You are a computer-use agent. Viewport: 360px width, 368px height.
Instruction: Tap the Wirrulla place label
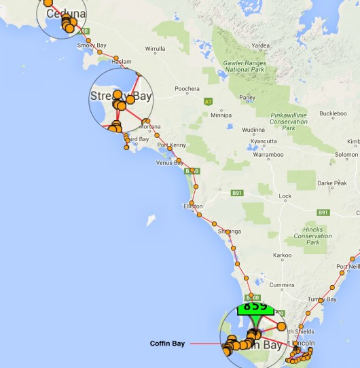pyautogui.click(x=155, y=49)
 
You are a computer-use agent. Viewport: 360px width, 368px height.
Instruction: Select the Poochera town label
pyautogui.click(x=187, y=89)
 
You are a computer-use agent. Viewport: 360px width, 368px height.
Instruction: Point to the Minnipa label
pyautogui.click(x=221, y=115)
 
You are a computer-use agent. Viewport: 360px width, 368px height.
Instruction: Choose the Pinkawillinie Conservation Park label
pyautogui.click(x=289, y=121)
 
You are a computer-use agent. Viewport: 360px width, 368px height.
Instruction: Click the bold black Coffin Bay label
pyautogui.click(x=167, y=344)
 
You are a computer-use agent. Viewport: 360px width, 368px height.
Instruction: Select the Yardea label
pyautogui.click(x=261, y=45)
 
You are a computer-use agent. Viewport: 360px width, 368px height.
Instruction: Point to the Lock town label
pyautogui.click(x=285, y=196)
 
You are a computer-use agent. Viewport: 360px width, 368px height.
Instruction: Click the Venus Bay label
pyautogui.click(x=169, y=163)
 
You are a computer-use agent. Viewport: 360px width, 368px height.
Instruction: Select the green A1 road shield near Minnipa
pyautogui.click(x=208, y=101)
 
